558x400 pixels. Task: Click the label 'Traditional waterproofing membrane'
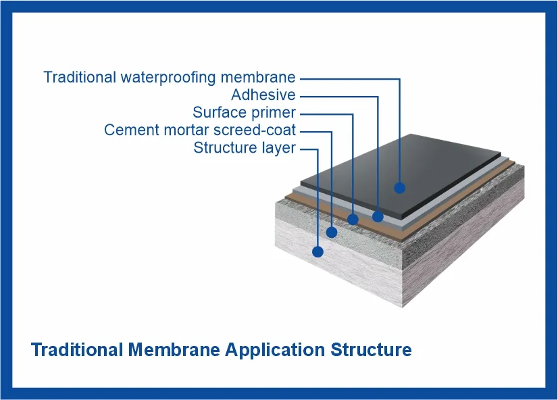(x=170, y=78)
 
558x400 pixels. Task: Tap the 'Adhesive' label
(x=263, y=95)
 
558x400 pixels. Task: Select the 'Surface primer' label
(x=244, y=113)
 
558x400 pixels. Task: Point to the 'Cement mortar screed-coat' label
(x=200, y=130)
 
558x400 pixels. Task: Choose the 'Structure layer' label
(x=245, y=148)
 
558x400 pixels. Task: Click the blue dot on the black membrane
(x=400, y=188)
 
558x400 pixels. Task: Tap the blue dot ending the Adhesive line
(x=378, y=216)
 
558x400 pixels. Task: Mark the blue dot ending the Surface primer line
(x=353, y=219)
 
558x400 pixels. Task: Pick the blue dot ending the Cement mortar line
(x=332, y=232)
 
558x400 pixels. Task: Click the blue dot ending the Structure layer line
(x=318, y=251)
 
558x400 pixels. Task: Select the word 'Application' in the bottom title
(x=275, y=351)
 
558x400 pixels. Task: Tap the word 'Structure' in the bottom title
(x=371, y=349)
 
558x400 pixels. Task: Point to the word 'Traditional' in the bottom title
(x=77, y=349)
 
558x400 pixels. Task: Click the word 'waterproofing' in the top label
(x=168, y=78)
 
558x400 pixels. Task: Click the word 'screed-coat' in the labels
(x=255, y=130)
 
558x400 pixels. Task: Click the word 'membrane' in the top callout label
(x=258, y=77)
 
